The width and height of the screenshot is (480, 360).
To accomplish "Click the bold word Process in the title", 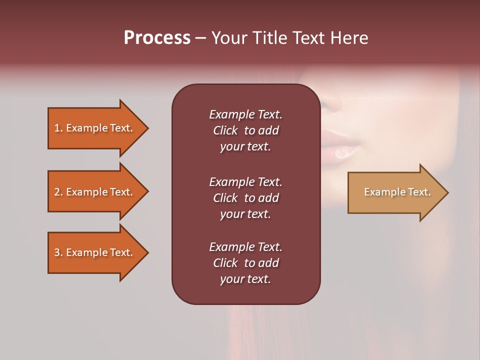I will (157, 38).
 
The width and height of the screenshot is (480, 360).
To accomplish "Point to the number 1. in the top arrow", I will (58, 128).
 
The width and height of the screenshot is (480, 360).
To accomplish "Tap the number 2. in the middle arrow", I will (58, 192).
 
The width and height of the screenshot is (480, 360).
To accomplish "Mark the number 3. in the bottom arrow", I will (58, 252).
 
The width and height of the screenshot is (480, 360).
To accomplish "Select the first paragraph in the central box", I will (245, 130).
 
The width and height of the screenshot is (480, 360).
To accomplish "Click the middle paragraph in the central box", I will (245, 197).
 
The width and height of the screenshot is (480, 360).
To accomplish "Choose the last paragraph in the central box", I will (245, 263).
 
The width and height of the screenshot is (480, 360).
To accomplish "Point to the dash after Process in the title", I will (200, 38).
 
